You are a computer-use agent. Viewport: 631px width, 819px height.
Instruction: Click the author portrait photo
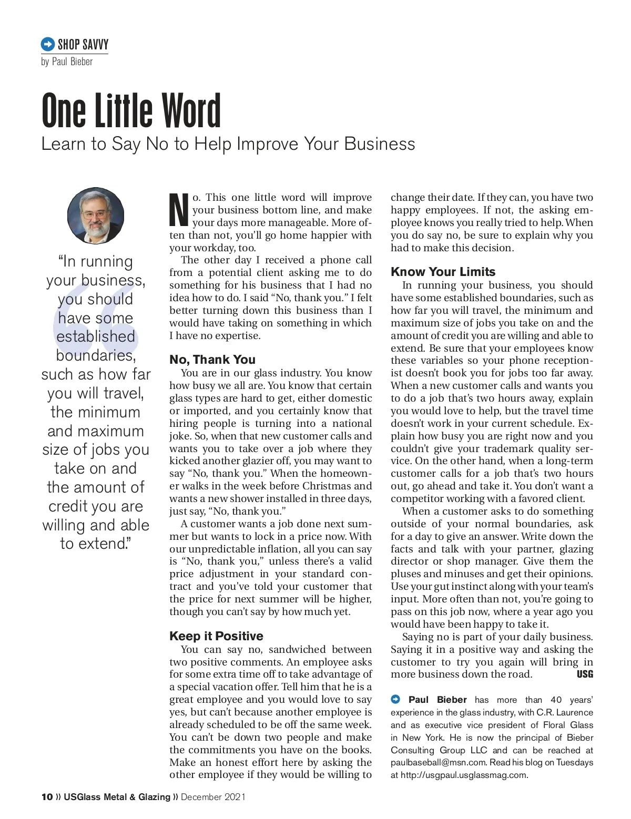coord(96,216)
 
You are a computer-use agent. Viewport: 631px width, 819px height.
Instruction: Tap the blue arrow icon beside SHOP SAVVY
coord(48,44)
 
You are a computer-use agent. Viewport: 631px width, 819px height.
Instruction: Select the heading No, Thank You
coord(212,360)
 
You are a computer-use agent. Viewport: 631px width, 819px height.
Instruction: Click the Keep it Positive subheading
coord(216,636)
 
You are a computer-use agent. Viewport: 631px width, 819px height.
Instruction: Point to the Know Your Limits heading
coord(443,272)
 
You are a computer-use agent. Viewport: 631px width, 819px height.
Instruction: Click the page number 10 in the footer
coord(47,797)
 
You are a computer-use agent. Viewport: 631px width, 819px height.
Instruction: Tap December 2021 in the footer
coord(213,797)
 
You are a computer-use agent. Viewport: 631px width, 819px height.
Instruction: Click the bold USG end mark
coord(585,674)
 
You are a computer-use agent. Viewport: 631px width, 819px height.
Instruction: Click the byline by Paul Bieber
coord(67,62)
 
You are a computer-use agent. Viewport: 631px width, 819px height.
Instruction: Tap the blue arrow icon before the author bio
coord(395,699)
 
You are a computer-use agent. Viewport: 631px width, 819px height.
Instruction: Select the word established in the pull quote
coord(96,336)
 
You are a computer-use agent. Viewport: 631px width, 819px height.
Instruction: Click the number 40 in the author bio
coord(556,700)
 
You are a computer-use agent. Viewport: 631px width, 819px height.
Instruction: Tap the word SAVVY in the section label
coord(95,44)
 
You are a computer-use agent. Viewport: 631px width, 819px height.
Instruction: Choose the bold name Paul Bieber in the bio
coord(437,700)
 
